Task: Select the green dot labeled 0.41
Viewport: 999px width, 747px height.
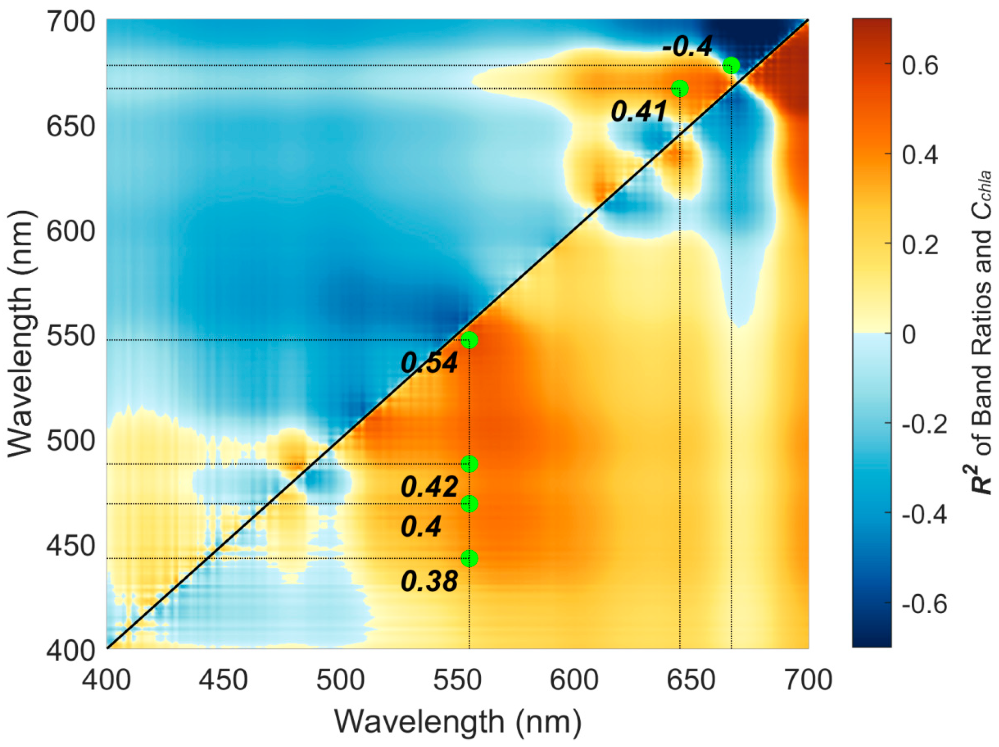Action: (x=680, y=88)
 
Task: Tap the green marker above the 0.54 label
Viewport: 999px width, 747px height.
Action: (x=469, y=340)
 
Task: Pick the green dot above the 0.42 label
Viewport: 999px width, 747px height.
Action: (x=469, y=464)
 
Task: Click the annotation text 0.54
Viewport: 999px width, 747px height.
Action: (x=430, y=363)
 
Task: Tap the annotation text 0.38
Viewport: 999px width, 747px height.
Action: (x=430, y=581)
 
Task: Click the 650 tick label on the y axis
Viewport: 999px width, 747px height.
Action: (x=71, y=126)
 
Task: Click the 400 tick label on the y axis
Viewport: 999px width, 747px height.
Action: (x=71, y=650)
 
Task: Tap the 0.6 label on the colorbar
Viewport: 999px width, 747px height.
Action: (x=920, y=65)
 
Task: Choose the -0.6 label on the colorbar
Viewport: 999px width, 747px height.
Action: (x=924, y=604)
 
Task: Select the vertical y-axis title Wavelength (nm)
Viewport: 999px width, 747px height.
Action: (x=21, y=334)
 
